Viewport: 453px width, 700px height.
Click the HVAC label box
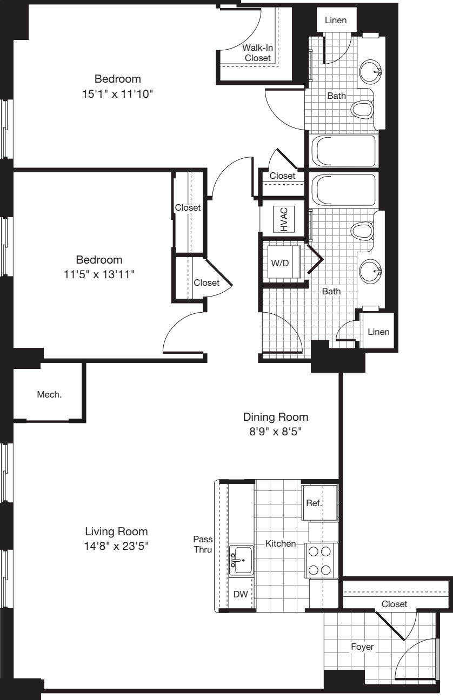click(x=284, y=219)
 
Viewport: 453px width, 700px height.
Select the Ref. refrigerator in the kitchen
click(x=315, y=502)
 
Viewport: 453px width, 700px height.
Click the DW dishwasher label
click(x=240, y=595)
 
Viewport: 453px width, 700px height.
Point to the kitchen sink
click(x=241, y=561)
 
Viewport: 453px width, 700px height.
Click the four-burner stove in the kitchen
click(x=319, y=561)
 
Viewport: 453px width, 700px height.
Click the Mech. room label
click(x=49, y=394)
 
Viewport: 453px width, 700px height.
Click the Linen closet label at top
click(x=336, y=21)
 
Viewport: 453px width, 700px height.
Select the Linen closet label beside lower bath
click(x=378, y=332)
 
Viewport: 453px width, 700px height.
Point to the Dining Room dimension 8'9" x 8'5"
click(x=276, y=432)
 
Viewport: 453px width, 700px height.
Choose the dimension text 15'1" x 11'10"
click(x=118, y=93)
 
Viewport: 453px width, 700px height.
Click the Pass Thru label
click(x=203, y=544)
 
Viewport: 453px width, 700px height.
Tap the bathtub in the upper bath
click(x=343, y=151)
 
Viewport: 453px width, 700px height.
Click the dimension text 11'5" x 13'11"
click(x=99, y=274)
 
